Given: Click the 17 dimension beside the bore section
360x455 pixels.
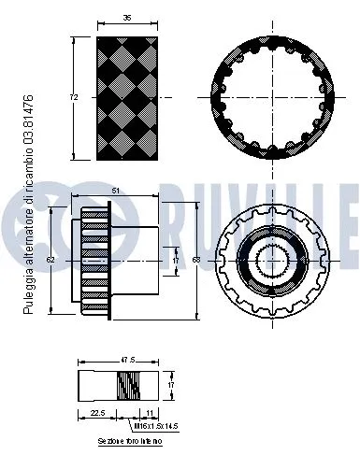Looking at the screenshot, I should click(x=170, y=383).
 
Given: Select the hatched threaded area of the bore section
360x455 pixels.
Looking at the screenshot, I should click(x=130, y=385).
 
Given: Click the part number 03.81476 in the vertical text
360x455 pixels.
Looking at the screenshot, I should click(x=29, y=112).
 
